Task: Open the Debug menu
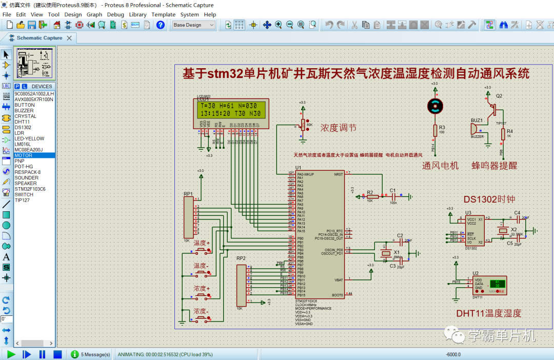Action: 115,14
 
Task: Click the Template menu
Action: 163,14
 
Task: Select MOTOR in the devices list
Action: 24,155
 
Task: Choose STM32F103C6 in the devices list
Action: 30,189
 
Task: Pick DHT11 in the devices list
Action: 22,122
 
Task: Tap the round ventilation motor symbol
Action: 434,106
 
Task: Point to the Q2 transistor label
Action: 499,96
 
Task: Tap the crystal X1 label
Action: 396,252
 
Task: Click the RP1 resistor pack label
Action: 188,194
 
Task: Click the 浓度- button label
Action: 200,311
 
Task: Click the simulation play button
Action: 11,354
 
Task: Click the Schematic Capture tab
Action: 39,38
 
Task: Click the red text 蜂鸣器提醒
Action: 494,166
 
